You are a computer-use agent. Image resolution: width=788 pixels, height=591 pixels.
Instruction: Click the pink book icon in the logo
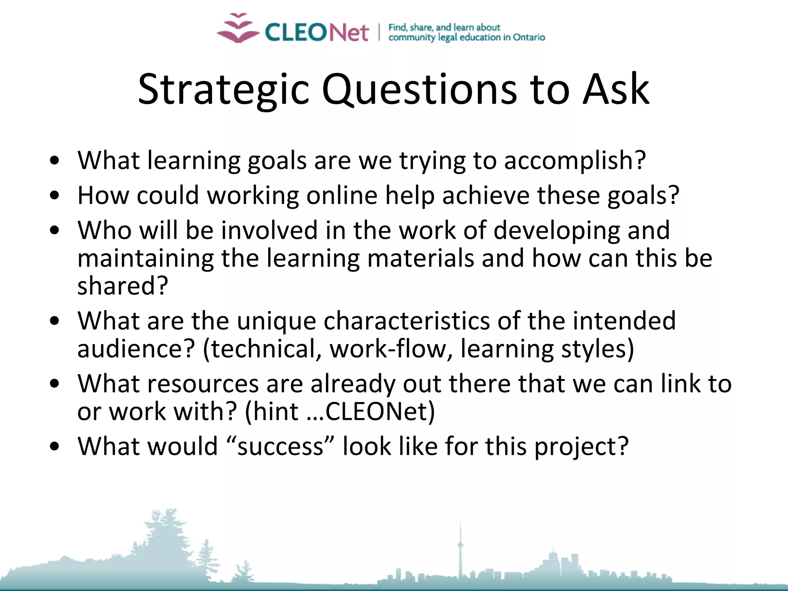(x=238, y=28)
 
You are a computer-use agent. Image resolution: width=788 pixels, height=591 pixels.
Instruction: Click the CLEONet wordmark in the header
(x=317, y=32)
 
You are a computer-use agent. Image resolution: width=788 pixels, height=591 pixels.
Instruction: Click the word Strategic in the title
(x=223, y=89)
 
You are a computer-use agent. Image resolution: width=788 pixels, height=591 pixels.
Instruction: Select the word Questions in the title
(x=420, y=89)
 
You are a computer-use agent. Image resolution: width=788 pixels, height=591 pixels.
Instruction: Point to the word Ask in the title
(x=616, y=89)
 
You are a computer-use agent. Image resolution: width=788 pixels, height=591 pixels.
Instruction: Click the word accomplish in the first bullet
(x=574, y=160)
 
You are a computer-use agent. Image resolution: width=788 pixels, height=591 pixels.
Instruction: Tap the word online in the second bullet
(x=342, y=195)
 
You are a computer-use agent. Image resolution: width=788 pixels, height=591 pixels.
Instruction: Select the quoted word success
(x=280, y=446)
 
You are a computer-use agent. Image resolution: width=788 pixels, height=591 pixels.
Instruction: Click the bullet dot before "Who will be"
(x=55, y=230)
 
